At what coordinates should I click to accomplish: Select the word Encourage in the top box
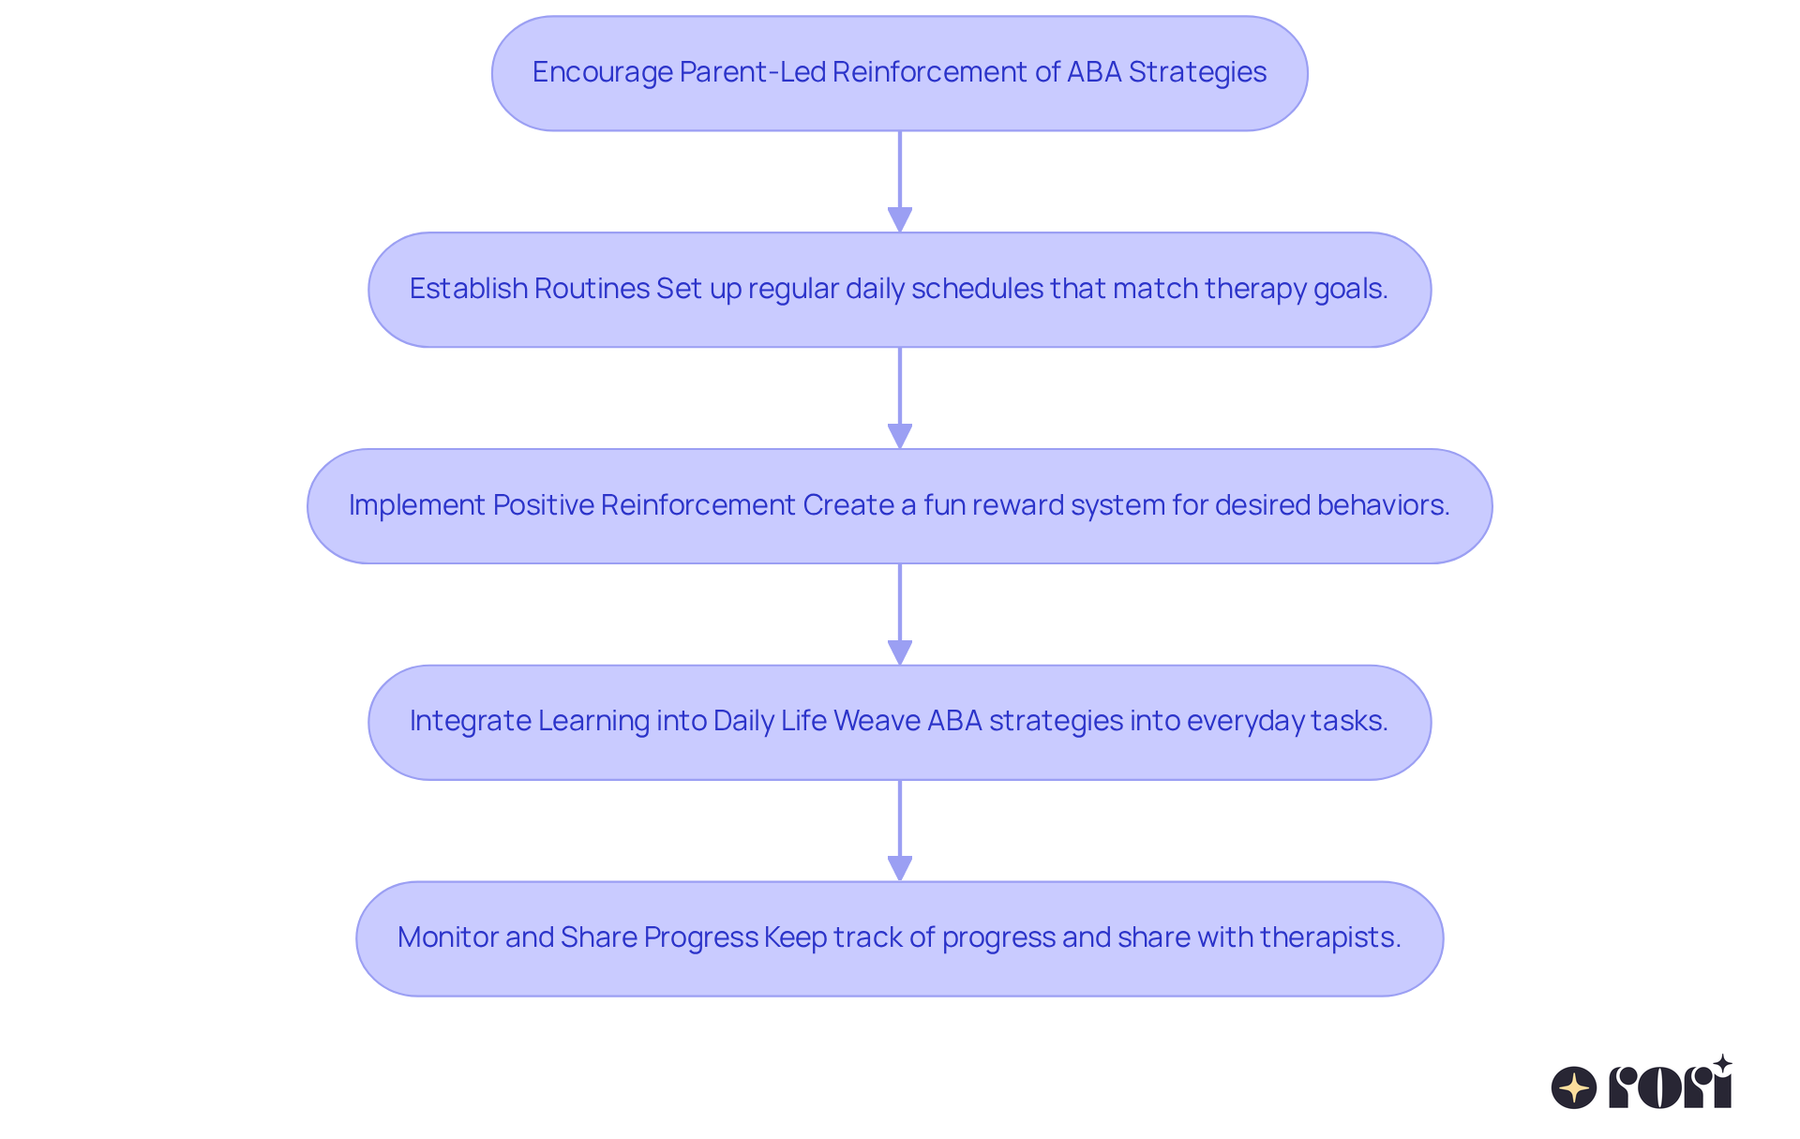coord(602,72)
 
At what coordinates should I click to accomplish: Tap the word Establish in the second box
coord(469,289)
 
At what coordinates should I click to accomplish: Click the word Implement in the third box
coord(417,505)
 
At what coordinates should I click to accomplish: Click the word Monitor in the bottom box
coord(448,937)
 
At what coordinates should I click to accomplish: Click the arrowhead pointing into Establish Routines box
coord(900,219)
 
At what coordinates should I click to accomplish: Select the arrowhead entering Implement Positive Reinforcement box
coord(900,436)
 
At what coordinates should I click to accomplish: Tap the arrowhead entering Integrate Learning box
coord(900,652)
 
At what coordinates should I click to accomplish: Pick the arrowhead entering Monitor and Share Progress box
coord(900,868)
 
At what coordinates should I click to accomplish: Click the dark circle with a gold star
coord(1574,1087)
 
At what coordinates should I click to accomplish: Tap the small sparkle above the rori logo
coord(1722,1064)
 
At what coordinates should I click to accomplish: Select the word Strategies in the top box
coord(1197,72)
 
